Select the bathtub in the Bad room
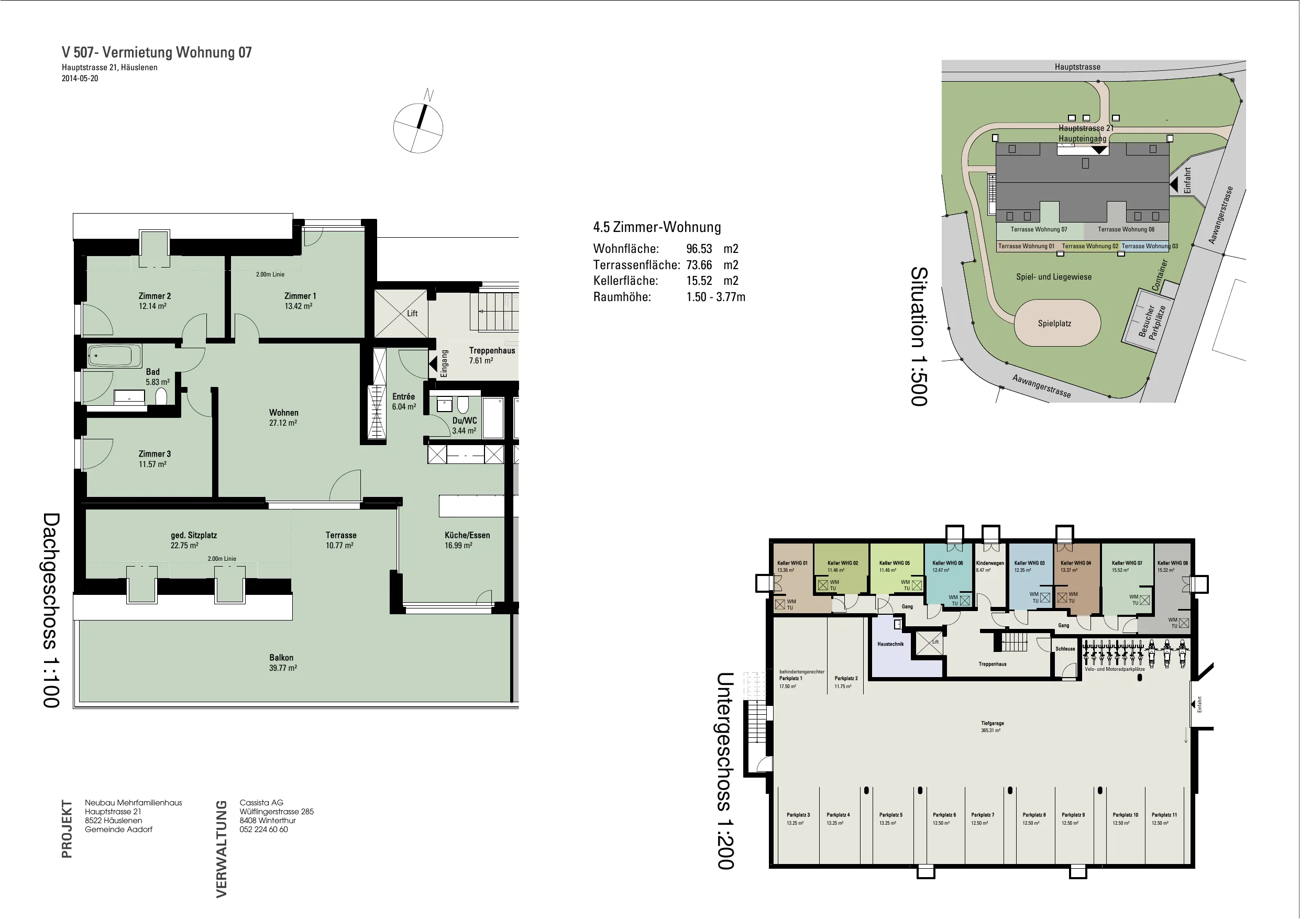[114, 356]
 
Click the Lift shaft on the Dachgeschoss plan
[401, 313]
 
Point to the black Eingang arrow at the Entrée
[433, 363]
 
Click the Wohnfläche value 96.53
[699, 249]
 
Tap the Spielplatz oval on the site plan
[1057, 323]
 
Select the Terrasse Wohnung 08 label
[1126, 229]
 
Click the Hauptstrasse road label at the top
[1077, 67]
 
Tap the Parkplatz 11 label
[1164, 815]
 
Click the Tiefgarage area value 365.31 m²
[991, 730]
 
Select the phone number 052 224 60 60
[263, 829]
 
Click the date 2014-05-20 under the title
[80, 79]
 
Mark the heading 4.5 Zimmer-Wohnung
[657, 227]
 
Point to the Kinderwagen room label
[990, 563]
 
